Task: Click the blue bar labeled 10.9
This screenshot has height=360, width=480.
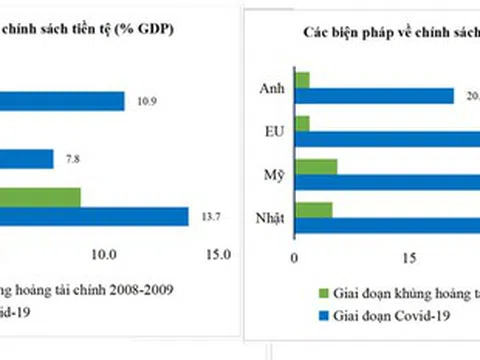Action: point(60,101)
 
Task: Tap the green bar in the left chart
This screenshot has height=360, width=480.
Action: point(40,197)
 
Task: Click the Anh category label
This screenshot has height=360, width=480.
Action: point(271,87)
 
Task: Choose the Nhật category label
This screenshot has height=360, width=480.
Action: point(268,217)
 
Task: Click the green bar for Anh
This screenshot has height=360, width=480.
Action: point(302,79)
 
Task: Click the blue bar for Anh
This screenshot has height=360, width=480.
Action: point(375,95)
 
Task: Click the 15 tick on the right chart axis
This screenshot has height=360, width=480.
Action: point(407,258)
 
